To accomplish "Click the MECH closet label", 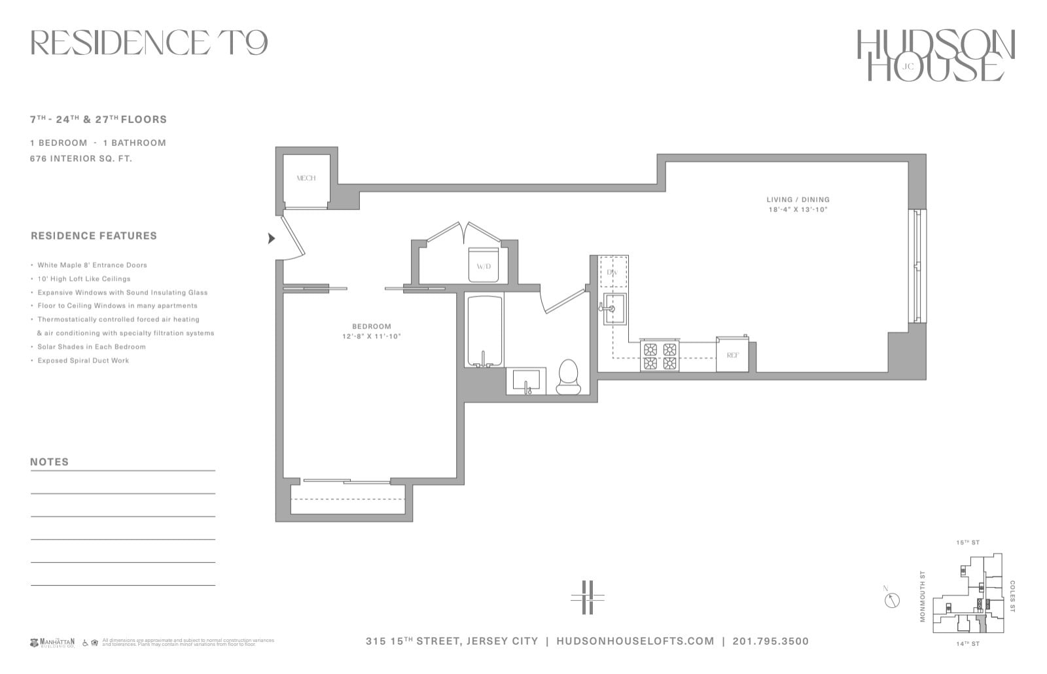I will [306, 178].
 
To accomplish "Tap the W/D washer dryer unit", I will [484, 265].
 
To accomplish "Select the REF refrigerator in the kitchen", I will [732, 355].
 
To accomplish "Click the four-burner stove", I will [660, 357].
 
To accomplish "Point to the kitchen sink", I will [614, 309].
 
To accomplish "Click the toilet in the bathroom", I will [568, 378].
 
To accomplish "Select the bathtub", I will [484, 331].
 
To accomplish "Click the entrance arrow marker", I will [271, 238].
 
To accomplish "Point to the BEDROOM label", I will [371, 326].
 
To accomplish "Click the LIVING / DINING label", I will [798, 200].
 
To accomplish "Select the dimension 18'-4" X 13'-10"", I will [798, 210].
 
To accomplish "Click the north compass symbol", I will [892, 599].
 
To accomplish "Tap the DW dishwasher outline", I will [614, 272].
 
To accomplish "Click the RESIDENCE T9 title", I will [149, 43].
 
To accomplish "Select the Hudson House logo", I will [935, 56].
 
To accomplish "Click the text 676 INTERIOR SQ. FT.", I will [81, 158].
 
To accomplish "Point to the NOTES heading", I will [49, 461].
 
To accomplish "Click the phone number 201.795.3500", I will [770, 641].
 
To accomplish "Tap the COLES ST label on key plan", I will [1012, 596].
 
